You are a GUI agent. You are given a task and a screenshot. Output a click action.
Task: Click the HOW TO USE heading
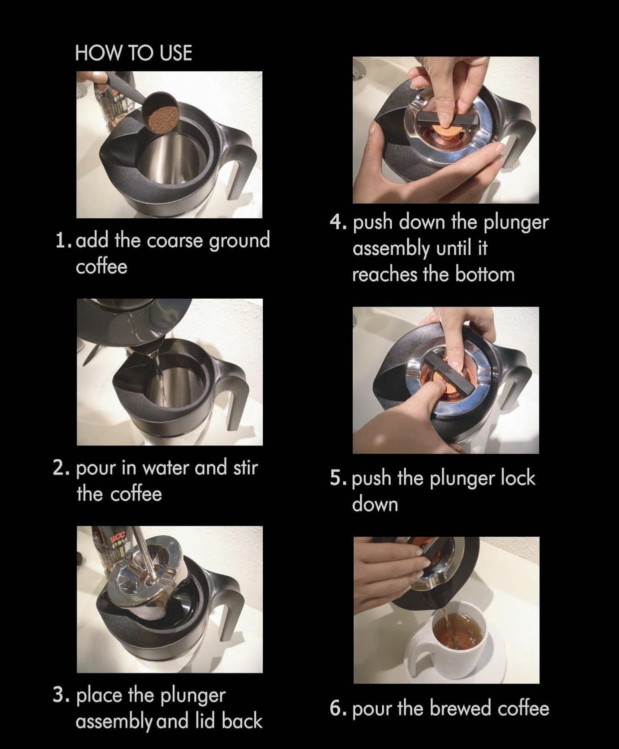133,53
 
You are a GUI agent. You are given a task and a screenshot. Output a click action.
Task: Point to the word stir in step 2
245,468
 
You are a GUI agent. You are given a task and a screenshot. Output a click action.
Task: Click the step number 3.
60,696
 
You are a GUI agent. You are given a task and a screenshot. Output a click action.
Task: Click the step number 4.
338,222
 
